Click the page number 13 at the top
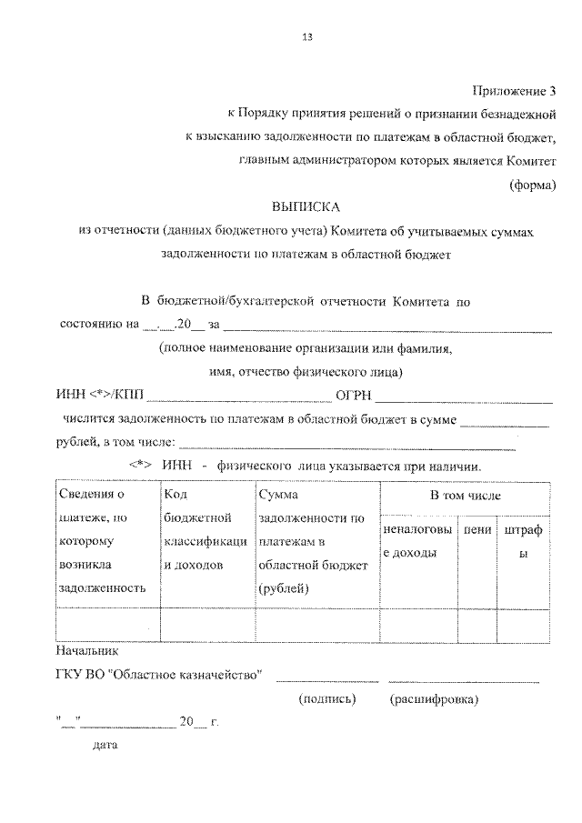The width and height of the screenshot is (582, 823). [x=306, y=38]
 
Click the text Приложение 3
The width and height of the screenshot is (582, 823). [x=513, y=91]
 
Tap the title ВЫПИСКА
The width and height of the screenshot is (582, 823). [x=306, y=208]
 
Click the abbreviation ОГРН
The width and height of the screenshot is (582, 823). [x=354, y=395]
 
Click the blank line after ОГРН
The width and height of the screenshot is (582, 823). [x=464, y=396]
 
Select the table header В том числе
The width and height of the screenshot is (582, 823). [x=465, y=497]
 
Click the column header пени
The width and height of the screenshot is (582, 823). [x=476, y=529]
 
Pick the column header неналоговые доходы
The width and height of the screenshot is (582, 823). [x=417, y=540]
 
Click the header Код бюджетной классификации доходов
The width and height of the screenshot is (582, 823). [x=207, y=541]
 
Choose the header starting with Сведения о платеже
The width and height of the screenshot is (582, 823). [x=106, y=541]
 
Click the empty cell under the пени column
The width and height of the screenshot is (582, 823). [x=476, y=625]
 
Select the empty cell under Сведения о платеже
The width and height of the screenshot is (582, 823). [x=107, y=625]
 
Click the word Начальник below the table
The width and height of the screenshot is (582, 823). [x=87, y=652]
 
